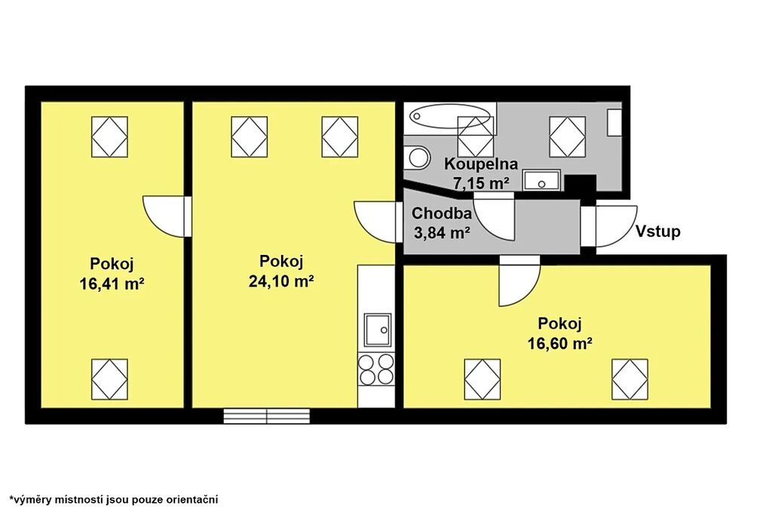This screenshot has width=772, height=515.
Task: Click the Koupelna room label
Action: [x=480, y=164]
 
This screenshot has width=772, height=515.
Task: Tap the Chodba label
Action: [x=442, y=213]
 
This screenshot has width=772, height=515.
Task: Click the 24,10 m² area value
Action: [x=281, y=281]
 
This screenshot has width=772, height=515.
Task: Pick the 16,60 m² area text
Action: [x=560, y=343]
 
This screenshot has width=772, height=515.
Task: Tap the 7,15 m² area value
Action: [x=480, y=183]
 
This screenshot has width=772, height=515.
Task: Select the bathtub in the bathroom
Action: [x=450, y=115]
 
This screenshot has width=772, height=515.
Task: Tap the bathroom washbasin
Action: [x=541, y=180]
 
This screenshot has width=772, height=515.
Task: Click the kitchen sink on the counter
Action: [x=378, y=330]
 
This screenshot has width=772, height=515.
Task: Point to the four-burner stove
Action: [x=377, y=369]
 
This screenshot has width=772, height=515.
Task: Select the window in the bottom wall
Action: [x=267, y=416]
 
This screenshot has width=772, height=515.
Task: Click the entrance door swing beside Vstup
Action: [x=616, y=226]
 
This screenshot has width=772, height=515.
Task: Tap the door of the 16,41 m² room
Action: [x=167, y=216]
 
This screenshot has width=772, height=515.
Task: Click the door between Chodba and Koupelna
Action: [x=494, y=216]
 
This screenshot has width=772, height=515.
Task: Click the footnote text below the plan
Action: [x=114, y=500]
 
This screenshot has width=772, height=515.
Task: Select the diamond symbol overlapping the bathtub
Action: [x=476, y=136]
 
